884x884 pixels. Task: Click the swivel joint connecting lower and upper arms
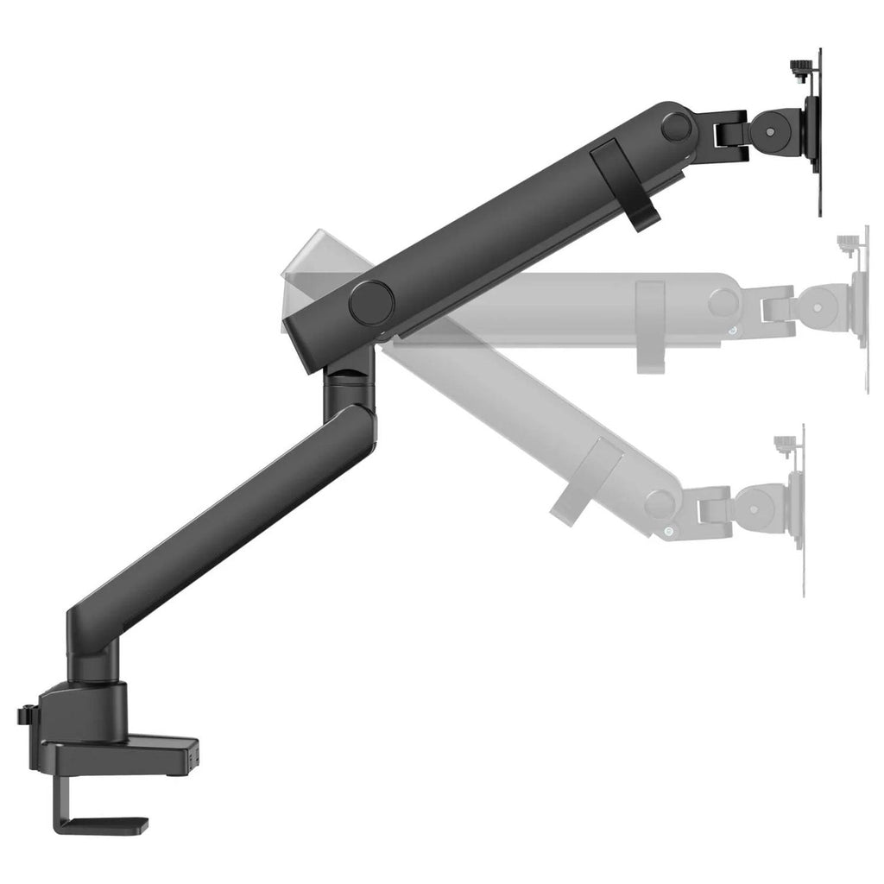(x=349, y=384)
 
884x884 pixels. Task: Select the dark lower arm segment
(x=216, y=527)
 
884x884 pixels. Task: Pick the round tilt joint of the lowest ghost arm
(x=759, y=504)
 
